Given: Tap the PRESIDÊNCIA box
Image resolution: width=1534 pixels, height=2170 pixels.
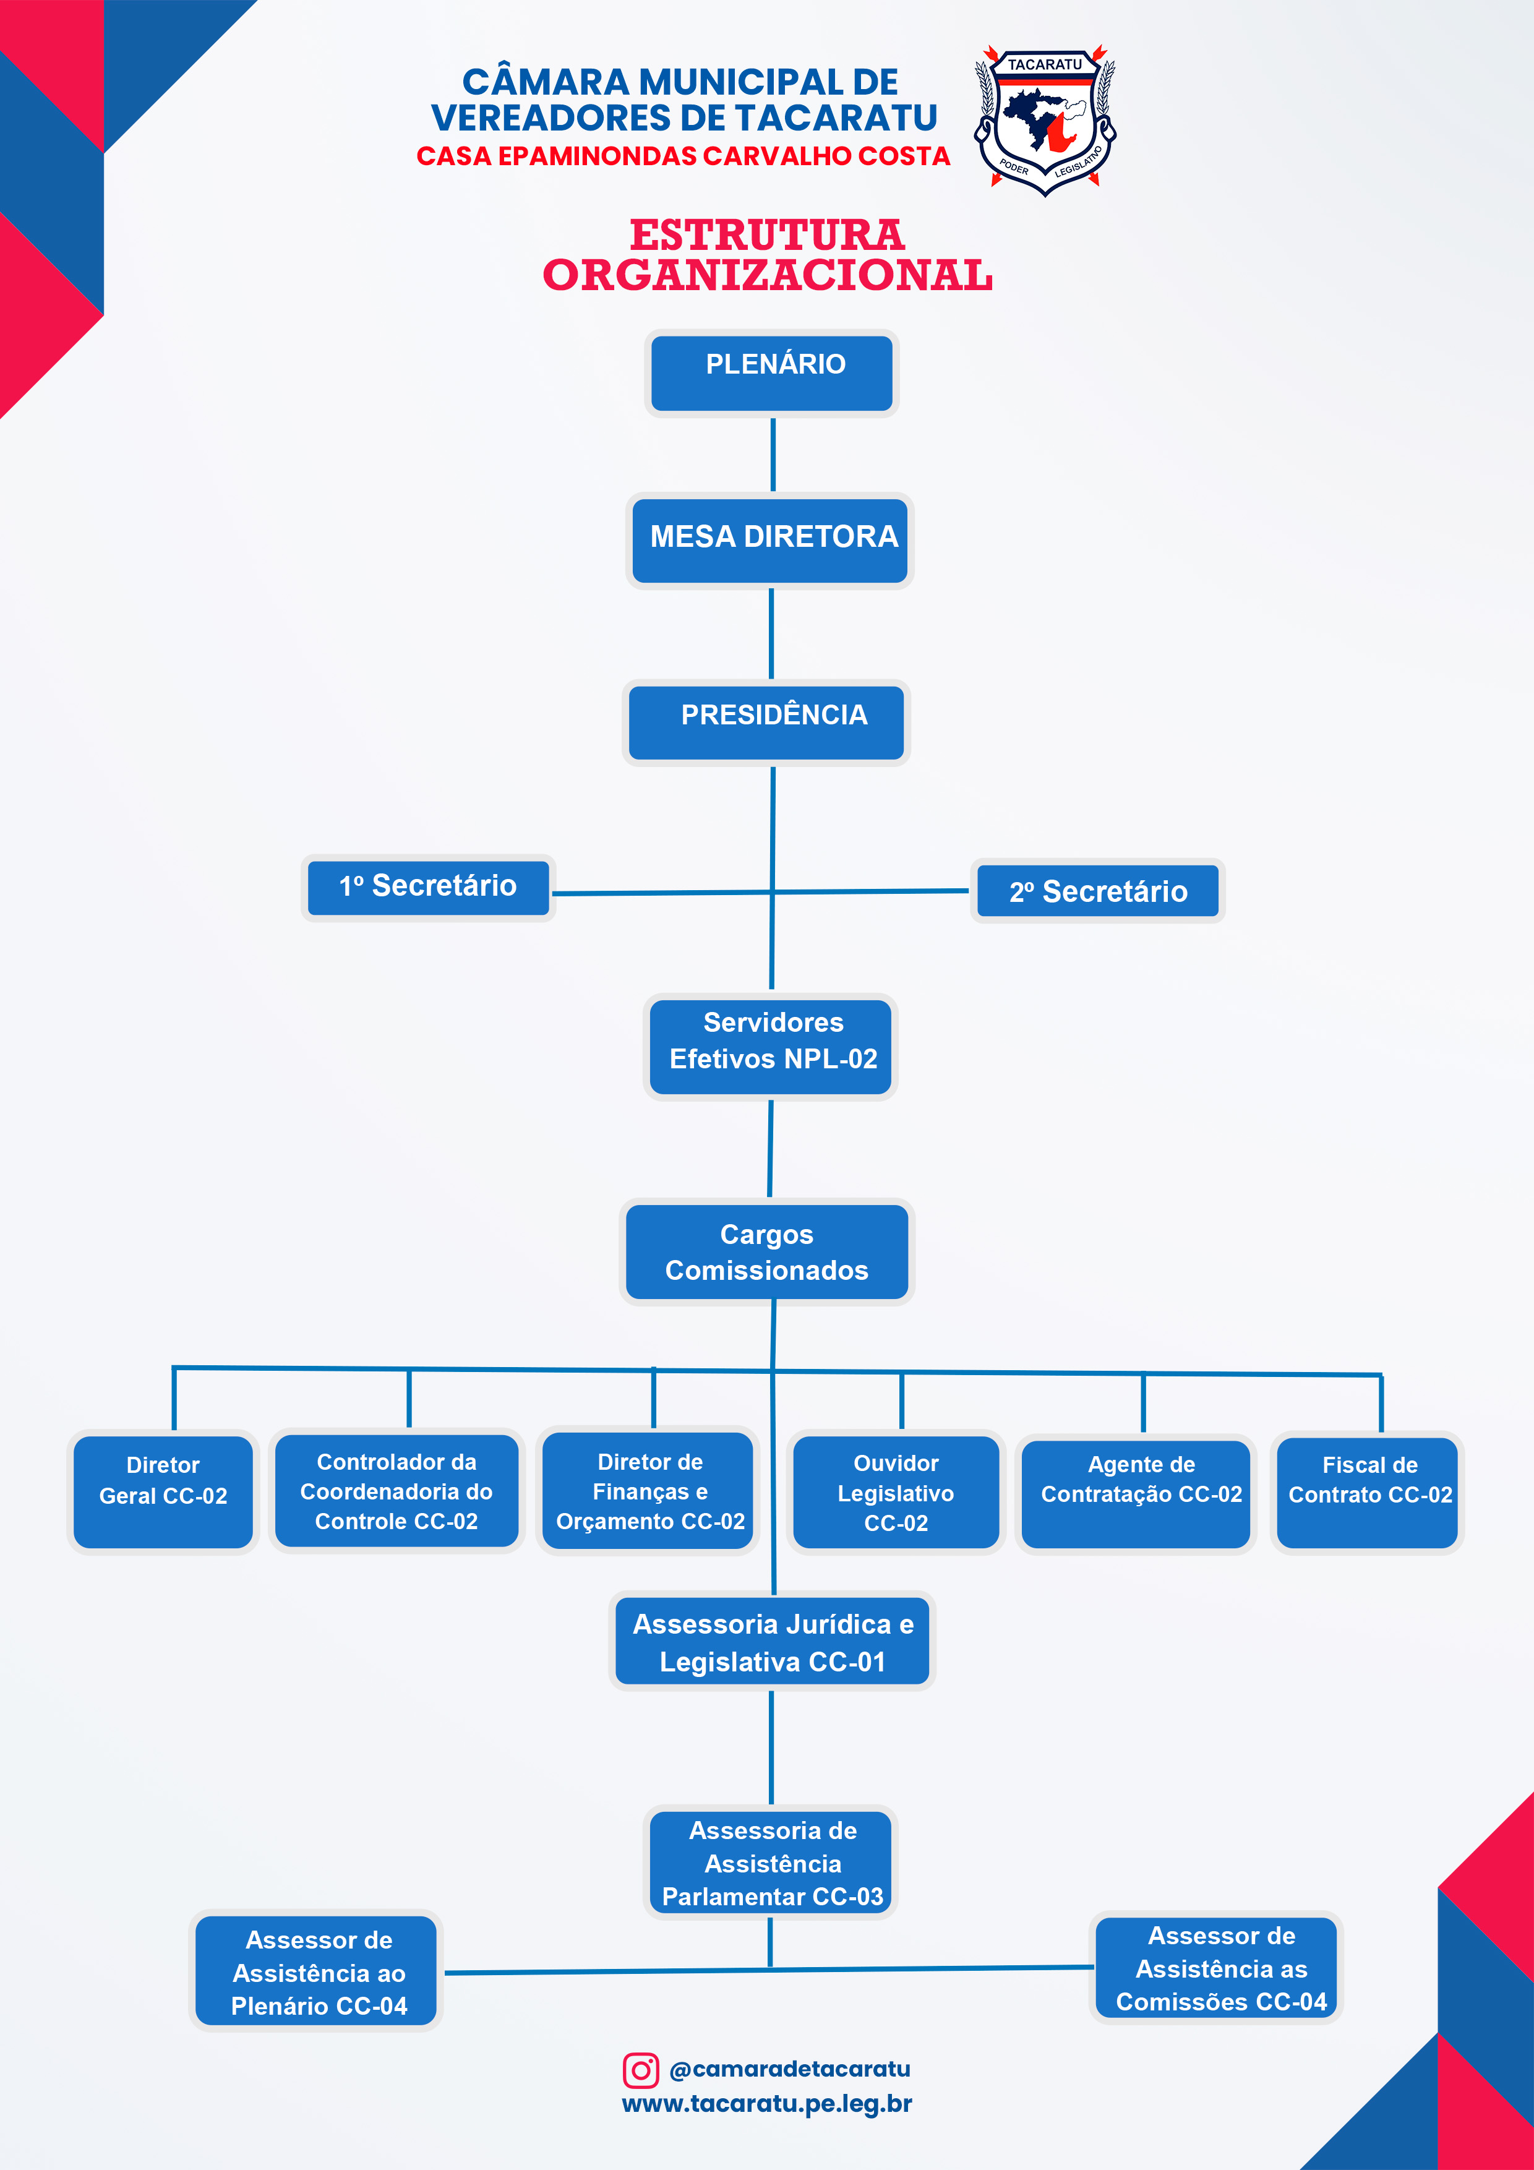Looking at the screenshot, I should tap(766, 722).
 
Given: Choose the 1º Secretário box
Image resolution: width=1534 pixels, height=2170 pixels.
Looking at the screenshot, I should tap(428, 888).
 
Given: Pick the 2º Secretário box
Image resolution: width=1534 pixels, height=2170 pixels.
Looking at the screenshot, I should tap(1097, 891).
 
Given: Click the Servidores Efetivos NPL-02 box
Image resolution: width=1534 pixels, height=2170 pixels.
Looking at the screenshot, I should tap(770, 1046).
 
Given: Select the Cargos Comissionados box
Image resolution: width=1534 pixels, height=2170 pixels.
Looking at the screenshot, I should tap(766, 1251).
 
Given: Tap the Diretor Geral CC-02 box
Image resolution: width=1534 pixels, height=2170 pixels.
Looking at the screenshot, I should tap(163, 1491).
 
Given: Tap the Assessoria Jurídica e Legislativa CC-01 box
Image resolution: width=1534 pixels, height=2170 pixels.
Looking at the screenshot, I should tap(772, 1642).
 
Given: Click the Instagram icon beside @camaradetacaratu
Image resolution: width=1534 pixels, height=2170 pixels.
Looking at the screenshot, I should tap(640, 2070).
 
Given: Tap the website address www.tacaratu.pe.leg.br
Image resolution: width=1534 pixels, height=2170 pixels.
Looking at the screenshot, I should tap(766, 2104).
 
